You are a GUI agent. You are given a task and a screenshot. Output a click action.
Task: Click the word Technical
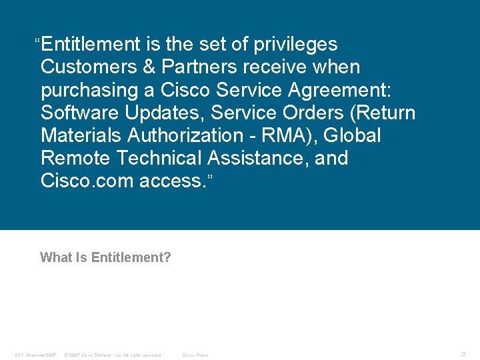[161, 158]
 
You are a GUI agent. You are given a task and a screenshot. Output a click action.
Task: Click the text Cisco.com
[87, 181]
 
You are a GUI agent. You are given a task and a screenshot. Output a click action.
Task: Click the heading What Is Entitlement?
[105, 257]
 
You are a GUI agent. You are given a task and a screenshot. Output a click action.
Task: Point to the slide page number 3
[463, 354]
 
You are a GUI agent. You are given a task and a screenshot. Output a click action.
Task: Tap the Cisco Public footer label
[195, 355]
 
